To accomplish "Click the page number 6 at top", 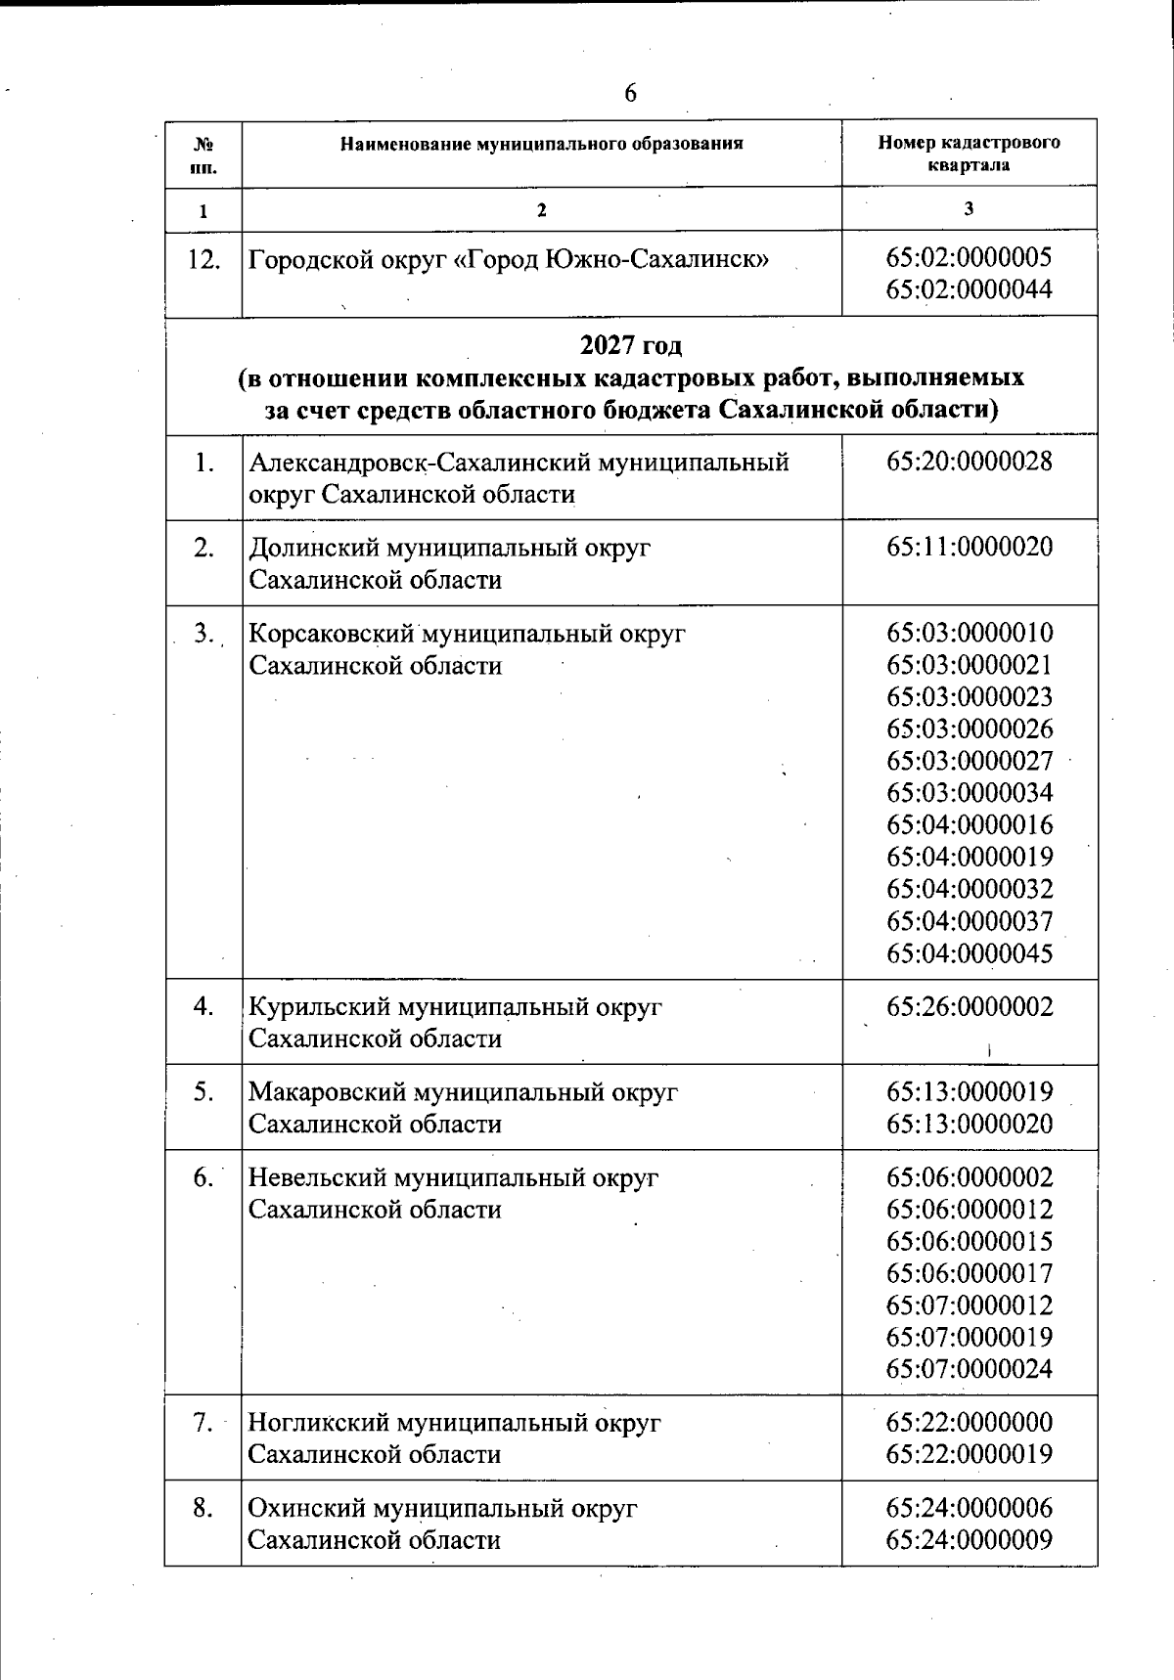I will (x=630, y=93).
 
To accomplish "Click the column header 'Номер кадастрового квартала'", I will (x=969, y=154).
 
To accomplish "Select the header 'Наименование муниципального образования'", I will (x=541, y=144).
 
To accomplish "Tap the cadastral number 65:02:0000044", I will (x=969, y=290).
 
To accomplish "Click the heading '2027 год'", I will (x=631, y=345).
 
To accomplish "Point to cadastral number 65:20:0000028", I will (x=969, y=462).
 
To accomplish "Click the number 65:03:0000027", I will (x=969, y=761).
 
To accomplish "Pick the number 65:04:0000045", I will (x=969, y=953).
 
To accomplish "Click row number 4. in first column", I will (x=203, y=1006).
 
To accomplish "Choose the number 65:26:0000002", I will (x=969, y=1007).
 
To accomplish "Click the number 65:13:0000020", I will (x=969, y=1124).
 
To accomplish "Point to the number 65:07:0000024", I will (x=969, y=1369).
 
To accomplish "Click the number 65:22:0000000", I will (x=969, y=1422).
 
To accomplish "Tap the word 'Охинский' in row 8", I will (x=305, y=1508).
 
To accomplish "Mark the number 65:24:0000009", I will (x=969, y=1540).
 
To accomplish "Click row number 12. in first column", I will (x=203, y=260).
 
